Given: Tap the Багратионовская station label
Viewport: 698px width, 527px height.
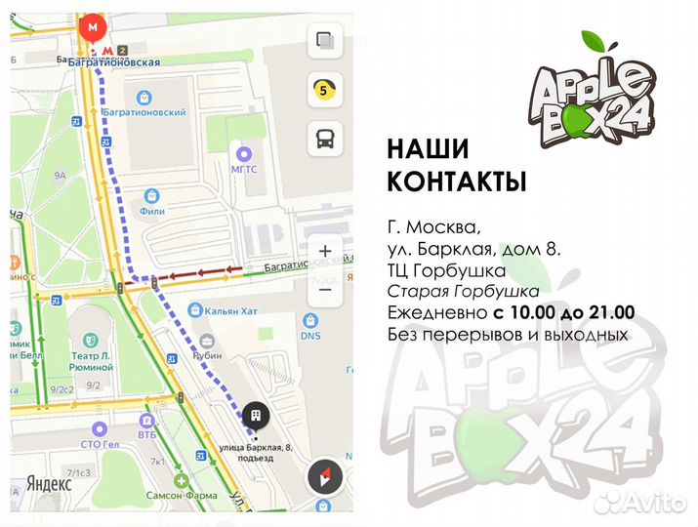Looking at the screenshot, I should point(108,61).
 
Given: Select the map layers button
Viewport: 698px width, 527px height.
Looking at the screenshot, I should point(323,42).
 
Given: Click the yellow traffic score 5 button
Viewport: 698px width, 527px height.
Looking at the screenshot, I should point(323,91).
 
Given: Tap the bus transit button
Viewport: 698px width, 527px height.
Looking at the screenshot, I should point(323,140).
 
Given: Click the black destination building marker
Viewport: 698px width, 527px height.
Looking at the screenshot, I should point(256,416).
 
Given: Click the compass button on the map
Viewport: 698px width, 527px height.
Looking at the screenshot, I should point(323,478).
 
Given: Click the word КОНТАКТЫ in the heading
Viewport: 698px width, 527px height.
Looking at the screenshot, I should point(457,182).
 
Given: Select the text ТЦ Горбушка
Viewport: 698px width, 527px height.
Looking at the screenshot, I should point(446,270).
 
